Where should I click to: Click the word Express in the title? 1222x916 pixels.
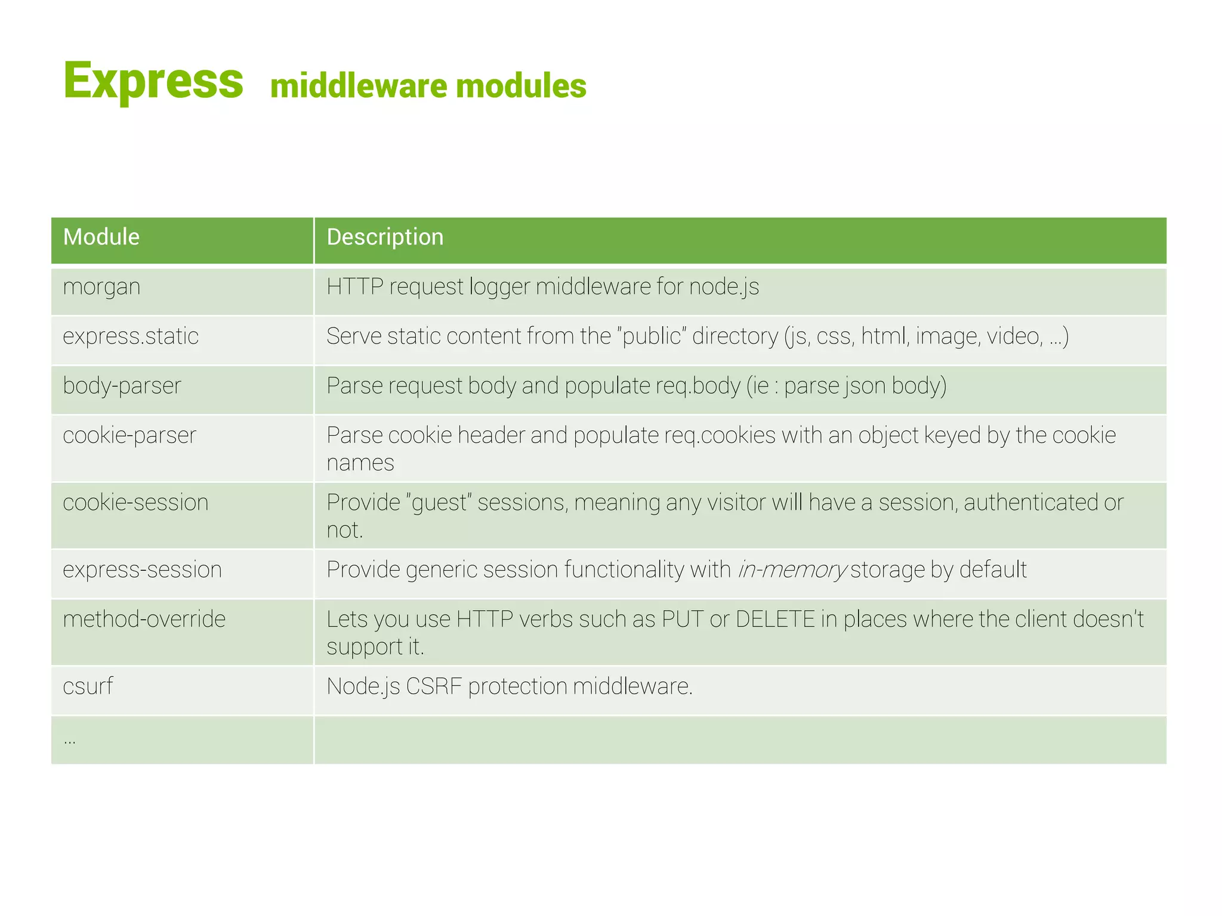click(153, 81)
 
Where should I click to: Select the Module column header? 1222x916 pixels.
click(101, 237)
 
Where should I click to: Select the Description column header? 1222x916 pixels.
click(385, 237)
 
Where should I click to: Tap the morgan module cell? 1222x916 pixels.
click(101, 287)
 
